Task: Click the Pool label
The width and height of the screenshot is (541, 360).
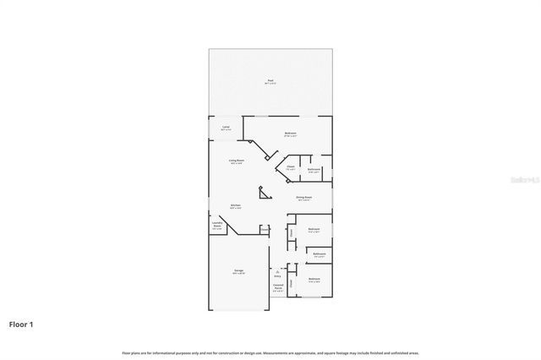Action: click(x=270, y=81)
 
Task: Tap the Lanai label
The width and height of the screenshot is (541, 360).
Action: click(x=226, y=127)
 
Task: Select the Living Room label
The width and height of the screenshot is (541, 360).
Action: click(x=236, y=160)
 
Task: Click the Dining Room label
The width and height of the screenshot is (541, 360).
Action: click(x=304, y=198)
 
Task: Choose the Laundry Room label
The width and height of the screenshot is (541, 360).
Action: click(x=217, y=225)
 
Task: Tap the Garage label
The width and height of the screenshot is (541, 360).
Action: click(x=238, y=270)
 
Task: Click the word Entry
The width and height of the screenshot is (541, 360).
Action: click(x=277, y=276)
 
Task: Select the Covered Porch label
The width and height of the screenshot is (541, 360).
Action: click(x=278, y=288)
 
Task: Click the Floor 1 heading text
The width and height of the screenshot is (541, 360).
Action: click(x=21, y=324)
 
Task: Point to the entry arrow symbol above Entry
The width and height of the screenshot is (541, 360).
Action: click(x=277, y=270)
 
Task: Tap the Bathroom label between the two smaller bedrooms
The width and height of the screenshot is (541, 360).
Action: click(x=320, y=254)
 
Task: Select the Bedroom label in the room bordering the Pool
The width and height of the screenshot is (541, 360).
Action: click(x=290, y=133)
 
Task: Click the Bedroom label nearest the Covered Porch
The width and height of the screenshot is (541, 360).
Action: click(x=314, y=278)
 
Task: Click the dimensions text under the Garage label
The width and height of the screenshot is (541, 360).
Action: click(x=238, y=274)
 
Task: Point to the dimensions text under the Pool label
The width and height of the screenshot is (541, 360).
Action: click(x=270, y=85)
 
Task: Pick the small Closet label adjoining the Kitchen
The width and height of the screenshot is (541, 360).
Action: click(x=265, y=228)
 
